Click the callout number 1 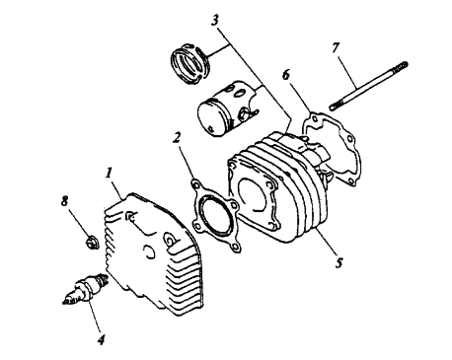click(109, 173)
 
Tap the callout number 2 click(177, 138)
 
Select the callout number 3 click(214, 21)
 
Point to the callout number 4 click(102, 339)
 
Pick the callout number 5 click(339, 262)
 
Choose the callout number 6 click(286, 75)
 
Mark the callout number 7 click(336, 48)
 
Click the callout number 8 click(65, 201)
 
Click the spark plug click(85, 288)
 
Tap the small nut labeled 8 click(91, 244)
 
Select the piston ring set click(190, 63)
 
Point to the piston click(227, 108)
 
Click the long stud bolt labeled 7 click(368, 86)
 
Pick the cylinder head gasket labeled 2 click(215, 216)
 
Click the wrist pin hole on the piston click(244, 114)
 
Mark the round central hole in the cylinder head click(149, 252)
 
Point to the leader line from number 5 click(325, 243)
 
